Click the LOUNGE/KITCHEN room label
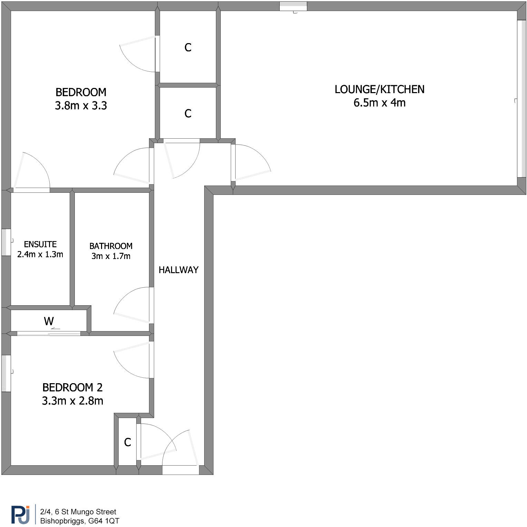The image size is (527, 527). [x=379, y=89]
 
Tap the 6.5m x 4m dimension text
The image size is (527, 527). [x=379, y=103]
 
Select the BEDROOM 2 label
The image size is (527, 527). [x=72, y=388]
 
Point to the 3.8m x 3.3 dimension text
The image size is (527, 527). [x=81, y=106]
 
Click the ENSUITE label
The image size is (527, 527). [x=40, y=245]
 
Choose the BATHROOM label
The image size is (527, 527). [x=111, y=246]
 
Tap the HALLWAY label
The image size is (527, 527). [x=178, y=270]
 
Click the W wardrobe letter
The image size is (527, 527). [x=49, y=321]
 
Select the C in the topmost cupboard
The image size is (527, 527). [x=188, y=48]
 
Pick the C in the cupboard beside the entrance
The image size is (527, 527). [x=128, y=443]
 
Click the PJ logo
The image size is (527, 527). [x=20, y=515]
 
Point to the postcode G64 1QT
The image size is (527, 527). [x=104, y=521]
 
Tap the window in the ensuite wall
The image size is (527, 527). [x=6, y=242]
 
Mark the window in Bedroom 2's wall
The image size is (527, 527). [x=6, y=374]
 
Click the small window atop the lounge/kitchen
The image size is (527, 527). [x=293, y=6]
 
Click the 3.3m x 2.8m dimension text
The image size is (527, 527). [x=72, y=401]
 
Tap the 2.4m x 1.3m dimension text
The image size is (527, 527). [x=40, y=255]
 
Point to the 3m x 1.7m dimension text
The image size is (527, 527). [x=111, y=256]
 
